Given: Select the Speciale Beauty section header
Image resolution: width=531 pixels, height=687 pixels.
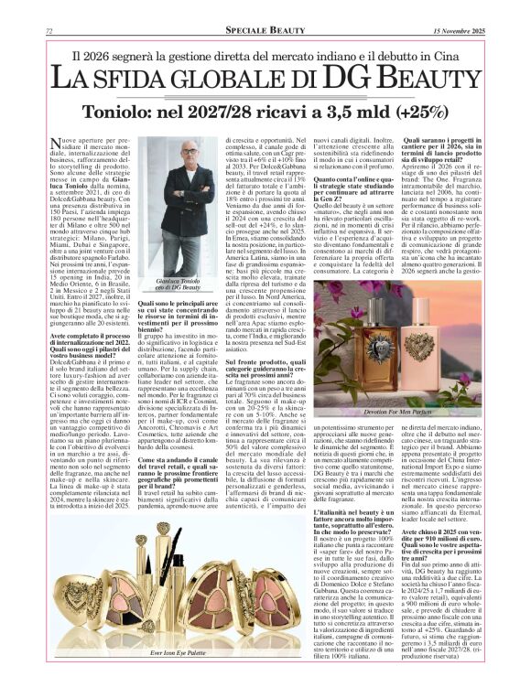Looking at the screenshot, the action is click(x=265, y=31).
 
